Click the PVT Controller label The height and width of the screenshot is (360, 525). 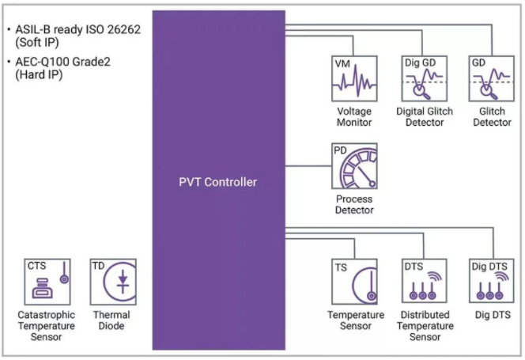click(x=217, y=182)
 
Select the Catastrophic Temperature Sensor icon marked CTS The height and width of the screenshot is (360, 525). click(x=47, y=282)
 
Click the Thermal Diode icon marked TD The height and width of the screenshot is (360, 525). click(x=112, y=282)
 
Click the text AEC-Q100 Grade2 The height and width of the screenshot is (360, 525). click(x=67, y=62)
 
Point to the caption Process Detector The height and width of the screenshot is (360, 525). click(x=353, y=204)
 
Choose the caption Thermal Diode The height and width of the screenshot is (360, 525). click(x=111, y=320)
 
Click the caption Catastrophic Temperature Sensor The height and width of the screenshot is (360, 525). click(x=47, y=326)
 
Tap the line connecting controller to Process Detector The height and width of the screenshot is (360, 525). click(x=308, y=166)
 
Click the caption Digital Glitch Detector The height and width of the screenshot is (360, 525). click(x=425, y=117)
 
